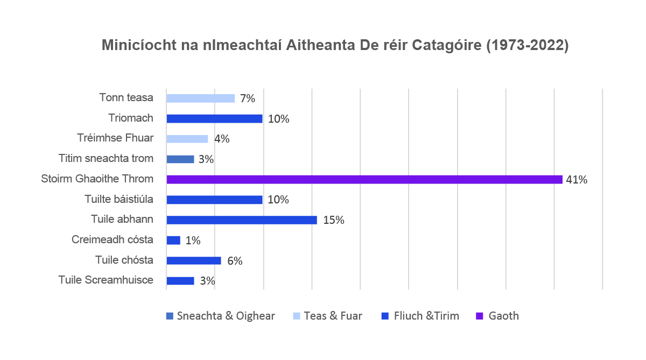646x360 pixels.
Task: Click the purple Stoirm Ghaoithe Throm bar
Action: pyautogui.click(x=364, y=179)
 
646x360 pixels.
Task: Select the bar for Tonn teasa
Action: pyautogui.click(x=200, y=98)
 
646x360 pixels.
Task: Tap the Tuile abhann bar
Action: pyautogui.click(x=242, y=220)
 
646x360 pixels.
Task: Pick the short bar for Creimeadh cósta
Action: pyautogui.click(x=173, y=240)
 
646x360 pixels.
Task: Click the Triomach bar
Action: pyautogui.click(x=214, y=118)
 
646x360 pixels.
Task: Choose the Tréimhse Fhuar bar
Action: pyautogui.click(x=187, y=139)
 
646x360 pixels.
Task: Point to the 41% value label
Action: pyautogui.click(x=577, y=180)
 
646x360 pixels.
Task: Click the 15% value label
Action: pyautogui.click(x=334, y=220)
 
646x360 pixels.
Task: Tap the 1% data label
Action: pyautogui.click(x=193, y=241)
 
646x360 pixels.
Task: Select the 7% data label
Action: pyautogui.click(x=247, y=98)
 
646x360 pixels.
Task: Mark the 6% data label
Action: pyautogui.click(x=235, y=261)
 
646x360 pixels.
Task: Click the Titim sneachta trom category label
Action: pyautogui.click(x=106, y=159)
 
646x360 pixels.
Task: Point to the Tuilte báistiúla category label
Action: pyautogui.click(x=119, y=199)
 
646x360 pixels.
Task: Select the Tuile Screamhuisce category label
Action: pyautogui.click(x=106, y=280)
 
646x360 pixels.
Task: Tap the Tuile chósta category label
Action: pyautogui.click(x=124, y=260)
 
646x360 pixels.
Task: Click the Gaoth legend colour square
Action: pyautogui.click(x=479, y=316)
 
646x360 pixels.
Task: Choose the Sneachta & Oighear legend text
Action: pyautogui.click(x=226, y=316)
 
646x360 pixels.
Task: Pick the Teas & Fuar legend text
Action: pyautogui.click(x=333, y=316)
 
